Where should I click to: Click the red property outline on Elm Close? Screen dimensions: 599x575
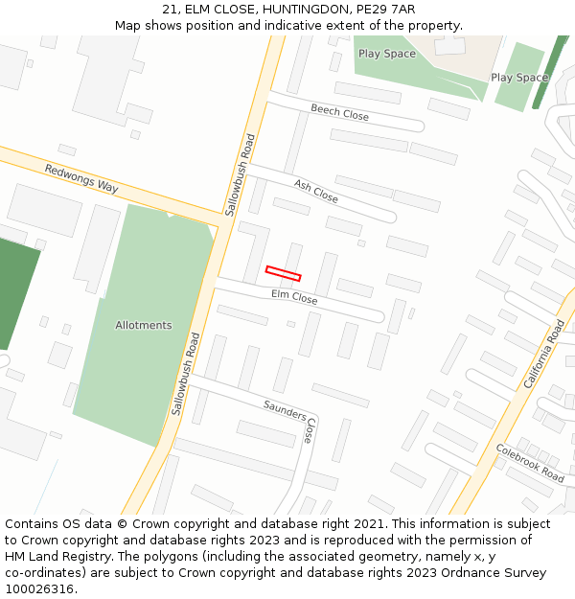[x=283, y=273]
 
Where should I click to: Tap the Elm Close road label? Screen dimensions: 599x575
[x=294, y=298]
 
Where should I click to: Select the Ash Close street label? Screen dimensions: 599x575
[x=316, y=191]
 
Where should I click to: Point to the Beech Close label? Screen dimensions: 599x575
[x=339, y=112]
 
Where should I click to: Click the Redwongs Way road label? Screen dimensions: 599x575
[x=81, y=178]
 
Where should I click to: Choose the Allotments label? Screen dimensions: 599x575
[x=144, y=325]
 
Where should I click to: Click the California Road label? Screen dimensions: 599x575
[x=544, y=354]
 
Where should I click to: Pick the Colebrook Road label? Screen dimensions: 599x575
[x=530, y=462]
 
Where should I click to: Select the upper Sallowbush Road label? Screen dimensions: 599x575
[x=241, y=173]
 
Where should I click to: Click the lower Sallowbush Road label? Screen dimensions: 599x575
[x=185, y=373]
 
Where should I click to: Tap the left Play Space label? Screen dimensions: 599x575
[x=387, y=54]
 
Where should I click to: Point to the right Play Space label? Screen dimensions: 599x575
[x=519, y=78]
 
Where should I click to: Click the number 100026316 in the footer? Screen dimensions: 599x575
[x=39, y=588]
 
